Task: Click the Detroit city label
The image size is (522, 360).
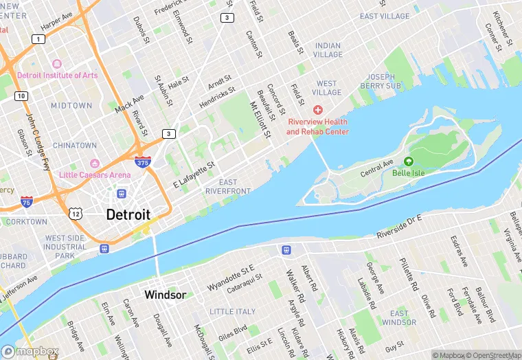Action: (128, 214)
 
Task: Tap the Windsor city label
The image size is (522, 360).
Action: (165, 295)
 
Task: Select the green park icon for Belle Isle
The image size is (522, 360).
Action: (409, 161)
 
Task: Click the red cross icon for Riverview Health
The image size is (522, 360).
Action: (317, 110)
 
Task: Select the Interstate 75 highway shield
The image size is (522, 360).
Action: (26, 202)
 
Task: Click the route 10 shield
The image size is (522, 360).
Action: (22, 95)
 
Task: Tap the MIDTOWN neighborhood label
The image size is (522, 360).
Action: (71, 106)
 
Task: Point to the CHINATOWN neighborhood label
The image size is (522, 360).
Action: (75, 146)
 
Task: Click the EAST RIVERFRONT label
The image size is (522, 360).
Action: (228, 186)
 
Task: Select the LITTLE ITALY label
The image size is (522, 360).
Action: (232, 312)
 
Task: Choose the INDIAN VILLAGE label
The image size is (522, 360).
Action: (328, 50)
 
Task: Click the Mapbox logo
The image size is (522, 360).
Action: (30, 351)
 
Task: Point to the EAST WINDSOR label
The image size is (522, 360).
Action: (399, 318)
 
